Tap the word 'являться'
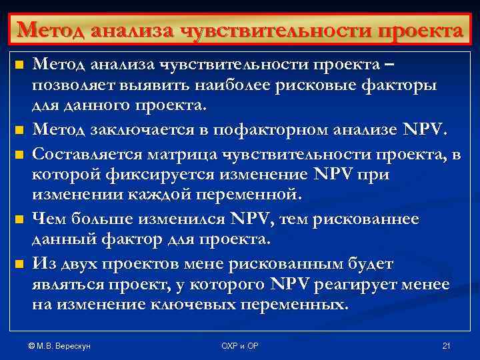pyautogui.click(x=64, y=285)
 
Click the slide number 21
pyautogui.click(x=447, y=345)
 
